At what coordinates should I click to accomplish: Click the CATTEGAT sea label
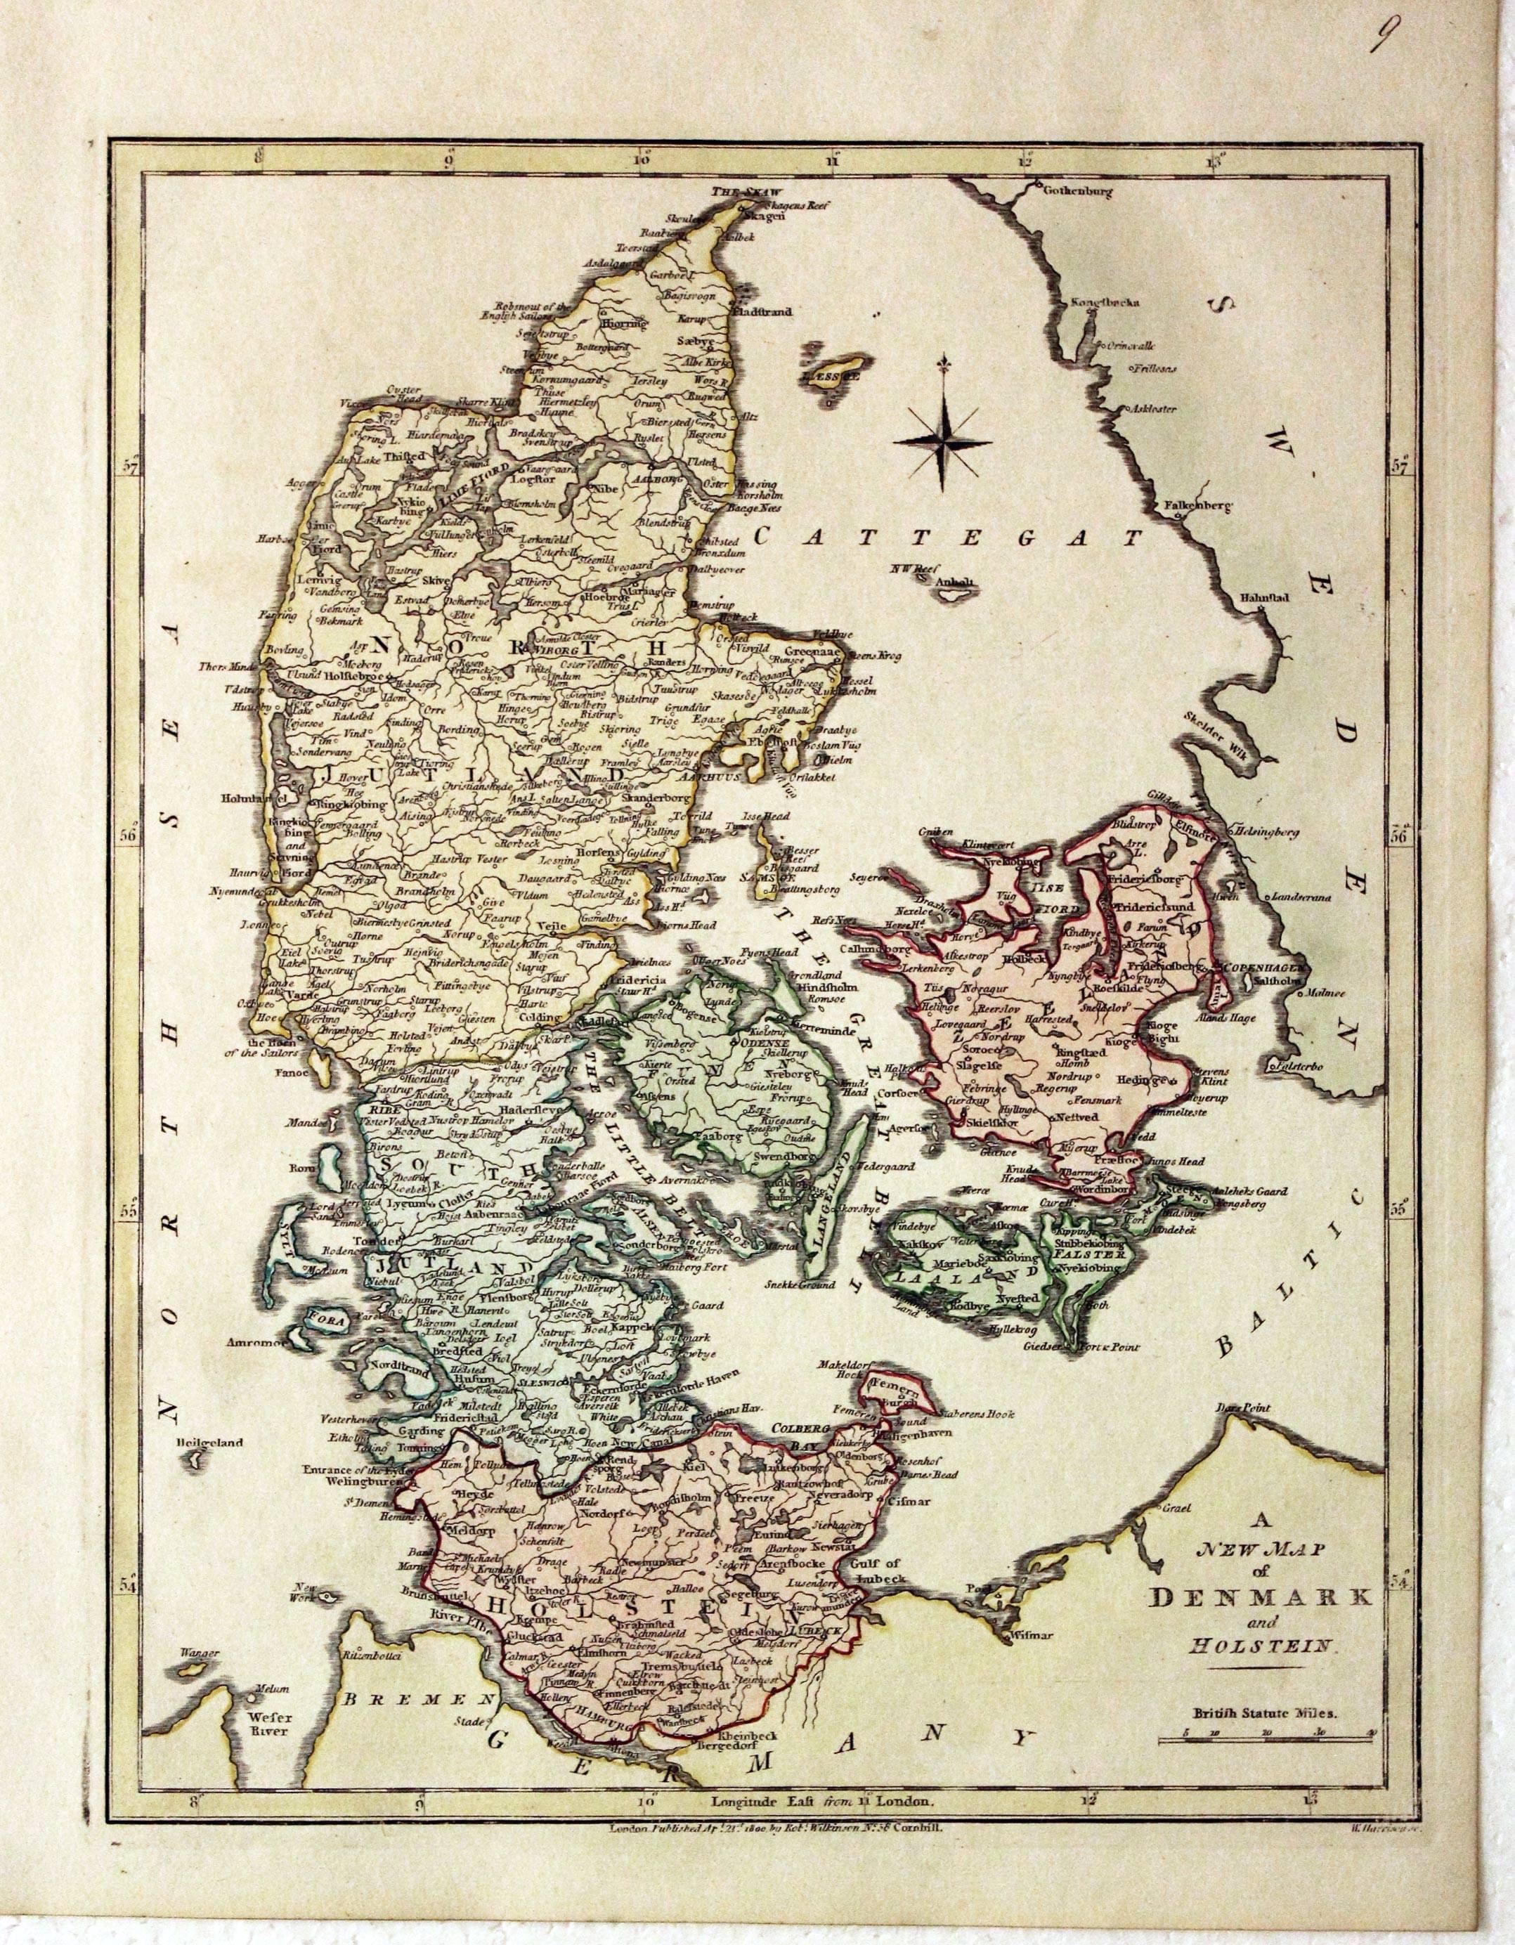pyautogui.click(x=949, y=537)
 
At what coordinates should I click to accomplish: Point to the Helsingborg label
pyautogui.click(x=1266, y=832)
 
